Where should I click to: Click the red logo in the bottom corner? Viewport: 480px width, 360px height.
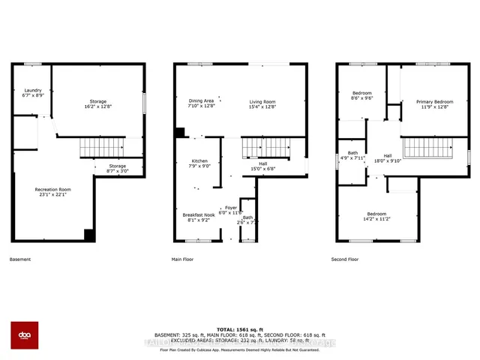(x=24, y=335)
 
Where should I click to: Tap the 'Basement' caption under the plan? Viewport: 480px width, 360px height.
(x=20, y=259)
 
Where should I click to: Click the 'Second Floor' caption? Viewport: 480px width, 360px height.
(x=345, y=259)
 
